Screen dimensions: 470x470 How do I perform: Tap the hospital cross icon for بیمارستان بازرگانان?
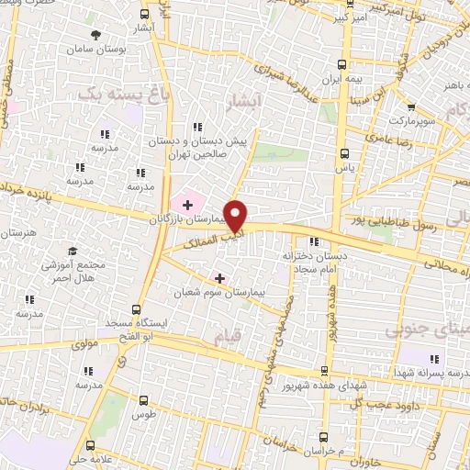tap(188, 204)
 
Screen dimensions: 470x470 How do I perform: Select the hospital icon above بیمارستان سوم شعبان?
tap(218, 277)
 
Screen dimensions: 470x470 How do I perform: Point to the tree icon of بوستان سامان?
tap(96, 34)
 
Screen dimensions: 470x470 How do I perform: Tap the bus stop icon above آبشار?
tap(144, 14)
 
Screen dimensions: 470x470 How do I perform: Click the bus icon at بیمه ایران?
tap(342, 64)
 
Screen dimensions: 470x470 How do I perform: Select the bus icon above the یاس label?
tap(344, 153)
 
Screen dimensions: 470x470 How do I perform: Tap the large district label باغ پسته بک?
tap(123, 93)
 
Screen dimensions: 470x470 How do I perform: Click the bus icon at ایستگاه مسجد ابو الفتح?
tap(136, 309)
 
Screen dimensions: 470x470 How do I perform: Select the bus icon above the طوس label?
tap(142, 399)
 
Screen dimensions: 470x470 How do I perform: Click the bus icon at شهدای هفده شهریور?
tap(324, 371)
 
